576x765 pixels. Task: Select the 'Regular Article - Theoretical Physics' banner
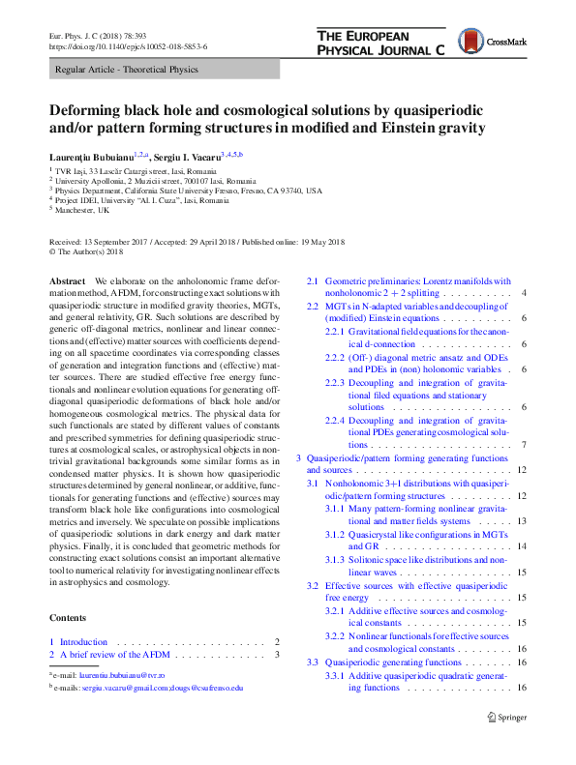point(127,70)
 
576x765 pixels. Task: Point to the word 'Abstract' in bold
point(68,280)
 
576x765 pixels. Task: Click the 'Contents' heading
point(69,619)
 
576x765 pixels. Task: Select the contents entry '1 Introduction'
point(83,642)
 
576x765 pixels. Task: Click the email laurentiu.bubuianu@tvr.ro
point(122,674)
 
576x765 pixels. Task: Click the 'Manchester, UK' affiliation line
point(82,210)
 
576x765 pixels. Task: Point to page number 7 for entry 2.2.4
point(524,445)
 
